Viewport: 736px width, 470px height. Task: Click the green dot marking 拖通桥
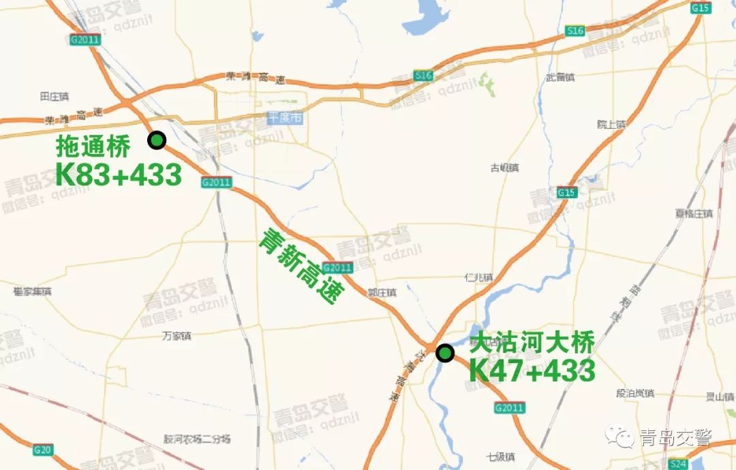pos(157,140)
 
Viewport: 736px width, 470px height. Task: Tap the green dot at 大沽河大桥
pos(445,353)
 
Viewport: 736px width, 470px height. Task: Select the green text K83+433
pos(119,174)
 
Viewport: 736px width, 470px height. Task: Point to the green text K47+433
pos(532,371)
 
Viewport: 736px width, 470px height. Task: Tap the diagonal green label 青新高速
pos(298,266)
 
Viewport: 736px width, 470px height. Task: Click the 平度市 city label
pos(285,118)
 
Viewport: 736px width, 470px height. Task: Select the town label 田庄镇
pos(55,97)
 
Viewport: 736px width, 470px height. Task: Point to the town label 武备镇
pos(559,78)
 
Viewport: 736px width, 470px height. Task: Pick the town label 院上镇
pos(611,124)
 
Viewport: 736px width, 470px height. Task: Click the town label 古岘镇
pos(504,168)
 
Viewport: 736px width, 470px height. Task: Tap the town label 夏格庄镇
pos(693,213)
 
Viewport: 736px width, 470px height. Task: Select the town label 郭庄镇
pos(382,292)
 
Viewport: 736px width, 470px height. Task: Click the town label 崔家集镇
pos(32,292)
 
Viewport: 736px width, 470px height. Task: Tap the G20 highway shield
pos(43,450)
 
